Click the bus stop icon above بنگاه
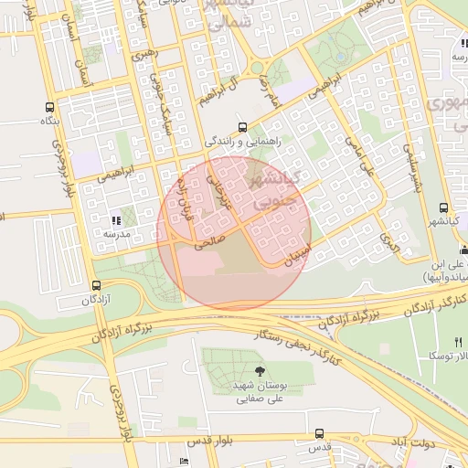click(49, 107)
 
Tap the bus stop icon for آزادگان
click(97, 285)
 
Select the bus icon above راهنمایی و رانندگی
click(241, 127)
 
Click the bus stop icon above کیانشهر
click(443, 208)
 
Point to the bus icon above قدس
click(318, 433)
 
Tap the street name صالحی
click(208, 242)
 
